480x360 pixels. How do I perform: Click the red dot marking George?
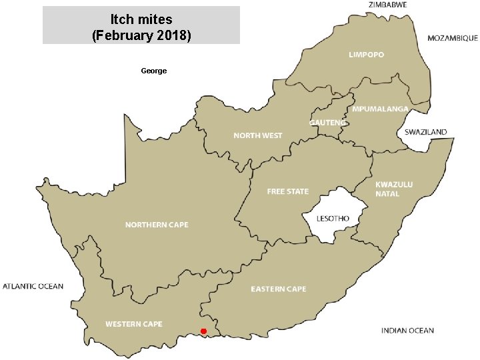(203, 331)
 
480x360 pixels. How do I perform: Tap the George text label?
(154, 71)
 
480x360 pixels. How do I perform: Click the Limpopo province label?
(367, 55)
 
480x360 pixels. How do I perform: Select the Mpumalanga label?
(381, 109)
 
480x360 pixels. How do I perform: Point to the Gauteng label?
(327, 123)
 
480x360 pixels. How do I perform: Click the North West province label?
(257, 135)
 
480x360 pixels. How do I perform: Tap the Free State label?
(288, 191)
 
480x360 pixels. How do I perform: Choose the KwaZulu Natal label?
(394, 189)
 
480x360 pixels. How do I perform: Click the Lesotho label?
(333, 219)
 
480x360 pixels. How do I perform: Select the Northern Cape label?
(157, 225)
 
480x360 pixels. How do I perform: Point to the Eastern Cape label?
(279, 289)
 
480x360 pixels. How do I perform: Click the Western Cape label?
(133, 324)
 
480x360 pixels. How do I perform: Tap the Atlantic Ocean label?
(33, 287)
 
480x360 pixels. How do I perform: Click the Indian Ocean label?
(407, 331)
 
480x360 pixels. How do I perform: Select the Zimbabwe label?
(387, 5)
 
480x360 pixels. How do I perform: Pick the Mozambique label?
(452, 38)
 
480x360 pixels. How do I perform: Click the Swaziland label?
(426, 132)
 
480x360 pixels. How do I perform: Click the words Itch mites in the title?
(141, 19)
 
